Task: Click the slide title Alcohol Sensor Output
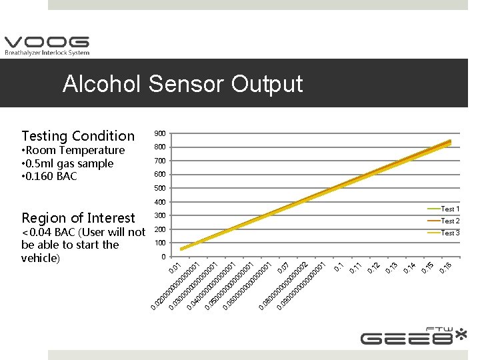[x=183, y=84]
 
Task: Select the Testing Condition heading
[x=78, y=136]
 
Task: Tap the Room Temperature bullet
[x=73, y=151]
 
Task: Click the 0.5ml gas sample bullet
[x=67, y=163]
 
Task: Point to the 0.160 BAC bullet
[x=49, y=177]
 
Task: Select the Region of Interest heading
[x=78, y=218]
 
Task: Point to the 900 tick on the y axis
[x=159, y=133]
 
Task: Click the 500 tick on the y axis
[x=159, y=189]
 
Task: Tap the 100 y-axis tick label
[x=159, y=243]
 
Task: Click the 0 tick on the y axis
[x=163, y=257]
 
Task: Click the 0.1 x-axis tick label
[x=339, y=267]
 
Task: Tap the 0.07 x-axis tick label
[x=282, y=268]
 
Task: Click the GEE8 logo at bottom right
[x=413, y=336]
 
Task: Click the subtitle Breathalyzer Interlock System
[x=47, y=53]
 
